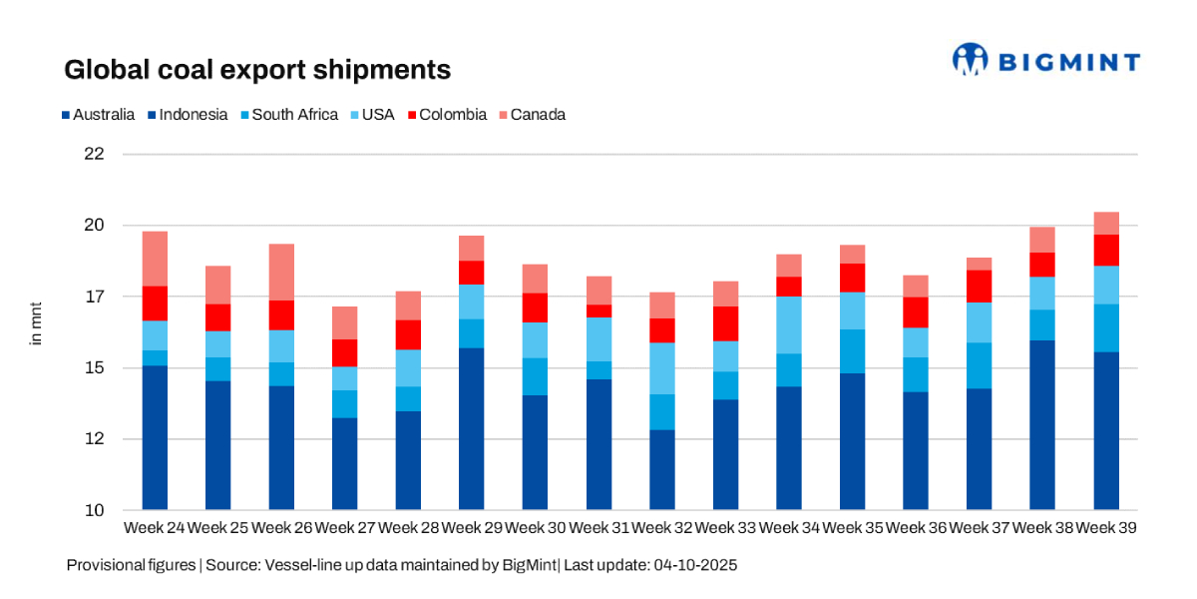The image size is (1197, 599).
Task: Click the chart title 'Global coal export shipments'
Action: click(257, 70)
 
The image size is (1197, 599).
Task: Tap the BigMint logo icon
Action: click(969, 60)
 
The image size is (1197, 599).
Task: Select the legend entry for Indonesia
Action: click(191, 115)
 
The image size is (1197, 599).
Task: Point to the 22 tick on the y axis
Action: click(94, 155)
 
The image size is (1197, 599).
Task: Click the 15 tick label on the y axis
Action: click(94, 368)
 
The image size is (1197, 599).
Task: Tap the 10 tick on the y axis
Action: click(94, 511)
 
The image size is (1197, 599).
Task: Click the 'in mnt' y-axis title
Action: click(37, 322)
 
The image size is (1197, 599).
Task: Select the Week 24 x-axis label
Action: click(155, 527)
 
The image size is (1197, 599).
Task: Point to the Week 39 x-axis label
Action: click(1106, 527)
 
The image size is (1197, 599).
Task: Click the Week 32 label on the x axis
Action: click(662, 527)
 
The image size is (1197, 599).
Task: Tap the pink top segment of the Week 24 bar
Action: click(155, 259)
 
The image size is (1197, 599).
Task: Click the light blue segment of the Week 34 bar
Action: click(789, 324)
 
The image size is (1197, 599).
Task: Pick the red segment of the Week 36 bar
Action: click(916, 312)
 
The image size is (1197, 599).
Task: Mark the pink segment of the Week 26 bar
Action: click(281, 272)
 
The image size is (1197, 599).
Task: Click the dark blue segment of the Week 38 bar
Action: click(1042, 425)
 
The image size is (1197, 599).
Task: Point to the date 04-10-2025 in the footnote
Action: click(695, 565)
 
